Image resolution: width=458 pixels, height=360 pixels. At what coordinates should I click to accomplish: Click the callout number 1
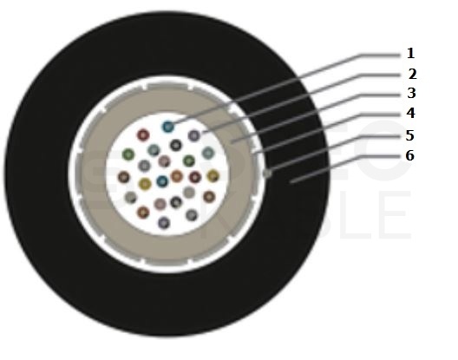point(410,54)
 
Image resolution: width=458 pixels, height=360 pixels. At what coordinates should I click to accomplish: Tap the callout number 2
point(412,75)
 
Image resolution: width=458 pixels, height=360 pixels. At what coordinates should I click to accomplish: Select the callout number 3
point(411,93)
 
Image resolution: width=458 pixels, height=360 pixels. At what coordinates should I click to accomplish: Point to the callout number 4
point(410,113)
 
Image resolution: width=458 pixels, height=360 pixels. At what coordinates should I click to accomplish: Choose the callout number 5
point(409,135)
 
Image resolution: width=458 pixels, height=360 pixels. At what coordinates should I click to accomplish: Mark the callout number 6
point(409,155)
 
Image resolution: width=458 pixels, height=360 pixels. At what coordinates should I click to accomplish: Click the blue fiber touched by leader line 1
point(168,127)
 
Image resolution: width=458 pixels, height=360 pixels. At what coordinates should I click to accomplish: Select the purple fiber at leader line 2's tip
point(194,135)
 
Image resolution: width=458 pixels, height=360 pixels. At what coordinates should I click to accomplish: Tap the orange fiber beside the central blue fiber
point(177,176)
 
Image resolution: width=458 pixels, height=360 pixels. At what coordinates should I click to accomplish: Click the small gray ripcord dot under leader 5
point(267,173)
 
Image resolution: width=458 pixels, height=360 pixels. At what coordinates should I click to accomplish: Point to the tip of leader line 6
point(290,183)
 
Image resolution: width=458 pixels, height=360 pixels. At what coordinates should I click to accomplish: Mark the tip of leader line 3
point(231,142)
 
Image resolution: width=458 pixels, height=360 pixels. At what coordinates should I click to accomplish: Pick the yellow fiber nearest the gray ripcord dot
point(213,175)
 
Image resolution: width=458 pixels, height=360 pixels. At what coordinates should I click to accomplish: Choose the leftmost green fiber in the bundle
point(128,154)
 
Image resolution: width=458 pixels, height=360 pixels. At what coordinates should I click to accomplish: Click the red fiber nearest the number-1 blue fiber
point(143,135)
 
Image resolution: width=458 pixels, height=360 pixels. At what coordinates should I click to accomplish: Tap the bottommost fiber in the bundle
point(164,223)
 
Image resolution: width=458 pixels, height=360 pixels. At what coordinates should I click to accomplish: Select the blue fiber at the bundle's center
point(162,181)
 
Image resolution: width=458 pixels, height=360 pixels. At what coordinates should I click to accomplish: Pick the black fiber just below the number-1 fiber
point(176,145)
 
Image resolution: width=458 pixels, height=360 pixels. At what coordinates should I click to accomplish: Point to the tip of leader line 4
point(253,154)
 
